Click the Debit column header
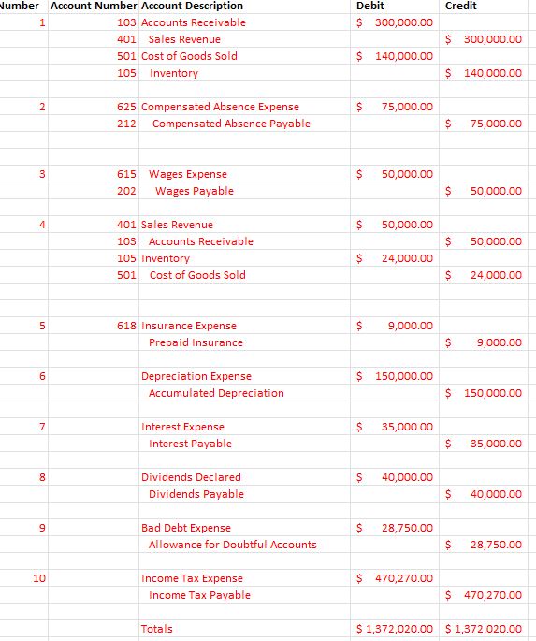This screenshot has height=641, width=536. [370, 6]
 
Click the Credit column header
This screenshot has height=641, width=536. [460, 6]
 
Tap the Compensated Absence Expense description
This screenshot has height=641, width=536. [220, 107]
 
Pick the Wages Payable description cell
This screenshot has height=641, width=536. [194, 191]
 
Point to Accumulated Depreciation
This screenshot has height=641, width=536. [216, 393]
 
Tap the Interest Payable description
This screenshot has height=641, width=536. [190, 444]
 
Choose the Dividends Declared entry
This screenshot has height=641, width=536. [191, 477]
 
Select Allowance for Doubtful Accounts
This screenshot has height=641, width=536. [232, 545]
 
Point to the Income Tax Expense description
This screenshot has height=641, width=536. [192, 578]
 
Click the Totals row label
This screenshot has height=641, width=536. [156, 629]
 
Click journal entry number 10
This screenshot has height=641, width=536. [38, 578]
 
